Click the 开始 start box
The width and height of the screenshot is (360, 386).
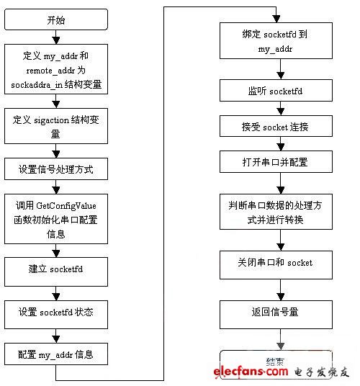click(x=56, y=19)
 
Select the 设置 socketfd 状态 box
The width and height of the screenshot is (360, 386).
click(x=56, y=313)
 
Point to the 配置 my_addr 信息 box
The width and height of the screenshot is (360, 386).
click(x=56, y=354)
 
